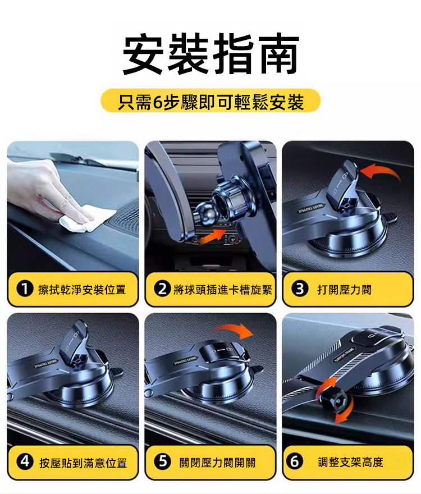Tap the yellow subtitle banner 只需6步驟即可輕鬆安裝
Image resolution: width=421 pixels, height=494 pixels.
click(x=210, y=102)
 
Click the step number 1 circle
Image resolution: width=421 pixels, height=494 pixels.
click(x=25, y=289)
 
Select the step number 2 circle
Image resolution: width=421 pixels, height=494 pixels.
click(x=162, y=289)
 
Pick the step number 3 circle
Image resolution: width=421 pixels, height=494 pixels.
click(x=300, y=289)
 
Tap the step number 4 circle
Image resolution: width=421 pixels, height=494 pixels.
click(x=25, y=462)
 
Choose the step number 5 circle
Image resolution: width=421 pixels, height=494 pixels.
click(x=162, y=462)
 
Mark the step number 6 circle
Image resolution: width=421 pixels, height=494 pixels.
click(x=295, y=462)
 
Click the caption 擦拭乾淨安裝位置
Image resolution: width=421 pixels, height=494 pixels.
click(x=82, y=289)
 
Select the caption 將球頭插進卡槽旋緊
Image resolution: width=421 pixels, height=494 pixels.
click(x=222, y=289)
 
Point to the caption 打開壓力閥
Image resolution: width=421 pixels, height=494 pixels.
click(x=345, y=289)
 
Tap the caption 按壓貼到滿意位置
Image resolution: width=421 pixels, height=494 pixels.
click(x=83, y=463)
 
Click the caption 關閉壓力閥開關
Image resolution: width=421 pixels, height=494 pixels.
click(x=217, y=463)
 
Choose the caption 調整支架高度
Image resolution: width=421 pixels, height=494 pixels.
click(x=350, y=462)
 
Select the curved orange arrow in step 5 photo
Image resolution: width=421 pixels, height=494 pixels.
click(x=235, y=329)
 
